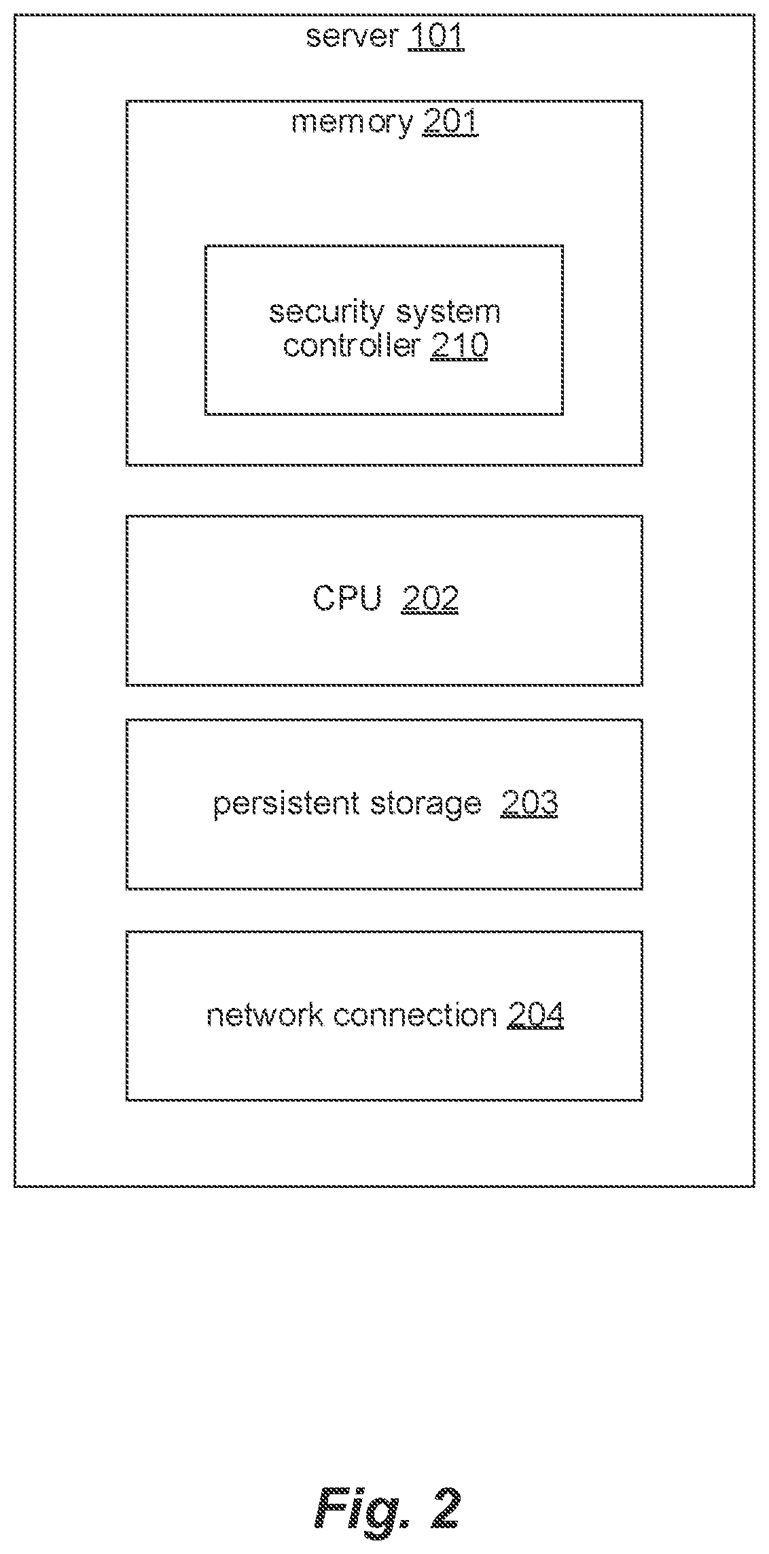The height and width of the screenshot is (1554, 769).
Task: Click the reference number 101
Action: point(435,36)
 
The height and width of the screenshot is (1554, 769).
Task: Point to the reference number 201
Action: point(450,123)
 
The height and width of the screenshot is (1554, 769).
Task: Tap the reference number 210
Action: point(459,346)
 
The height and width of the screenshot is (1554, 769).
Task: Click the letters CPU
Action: point(347,599)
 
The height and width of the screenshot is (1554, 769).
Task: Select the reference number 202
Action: point(430,599)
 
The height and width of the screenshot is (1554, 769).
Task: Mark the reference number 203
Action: point(529,803)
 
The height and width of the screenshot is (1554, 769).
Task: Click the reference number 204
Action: point(535,1015)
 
